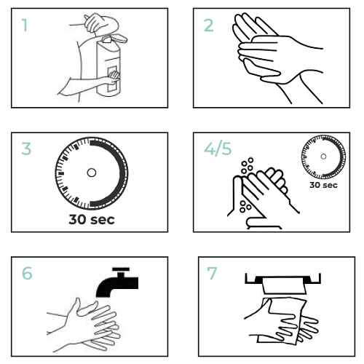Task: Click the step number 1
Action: coord(25,26)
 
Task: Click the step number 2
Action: coord(209,26)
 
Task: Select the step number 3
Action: coord(27,150)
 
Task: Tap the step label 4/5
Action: coord(216,150)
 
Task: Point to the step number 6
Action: coord(28,274)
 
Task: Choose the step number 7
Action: coord(213,274)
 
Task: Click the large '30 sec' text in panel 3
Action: coord(91,218)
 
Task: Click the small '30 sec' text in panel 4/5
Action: coord(323,185)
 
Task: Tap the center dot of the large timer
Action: coord(91,173)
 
